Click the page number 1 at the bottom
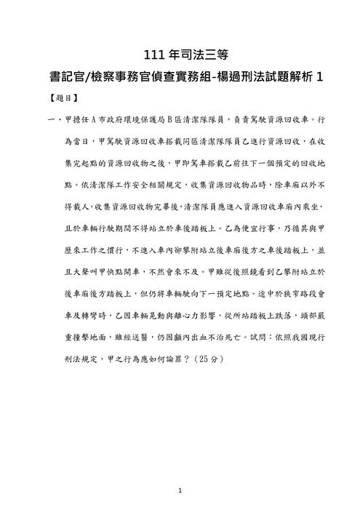click(180, 491)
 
